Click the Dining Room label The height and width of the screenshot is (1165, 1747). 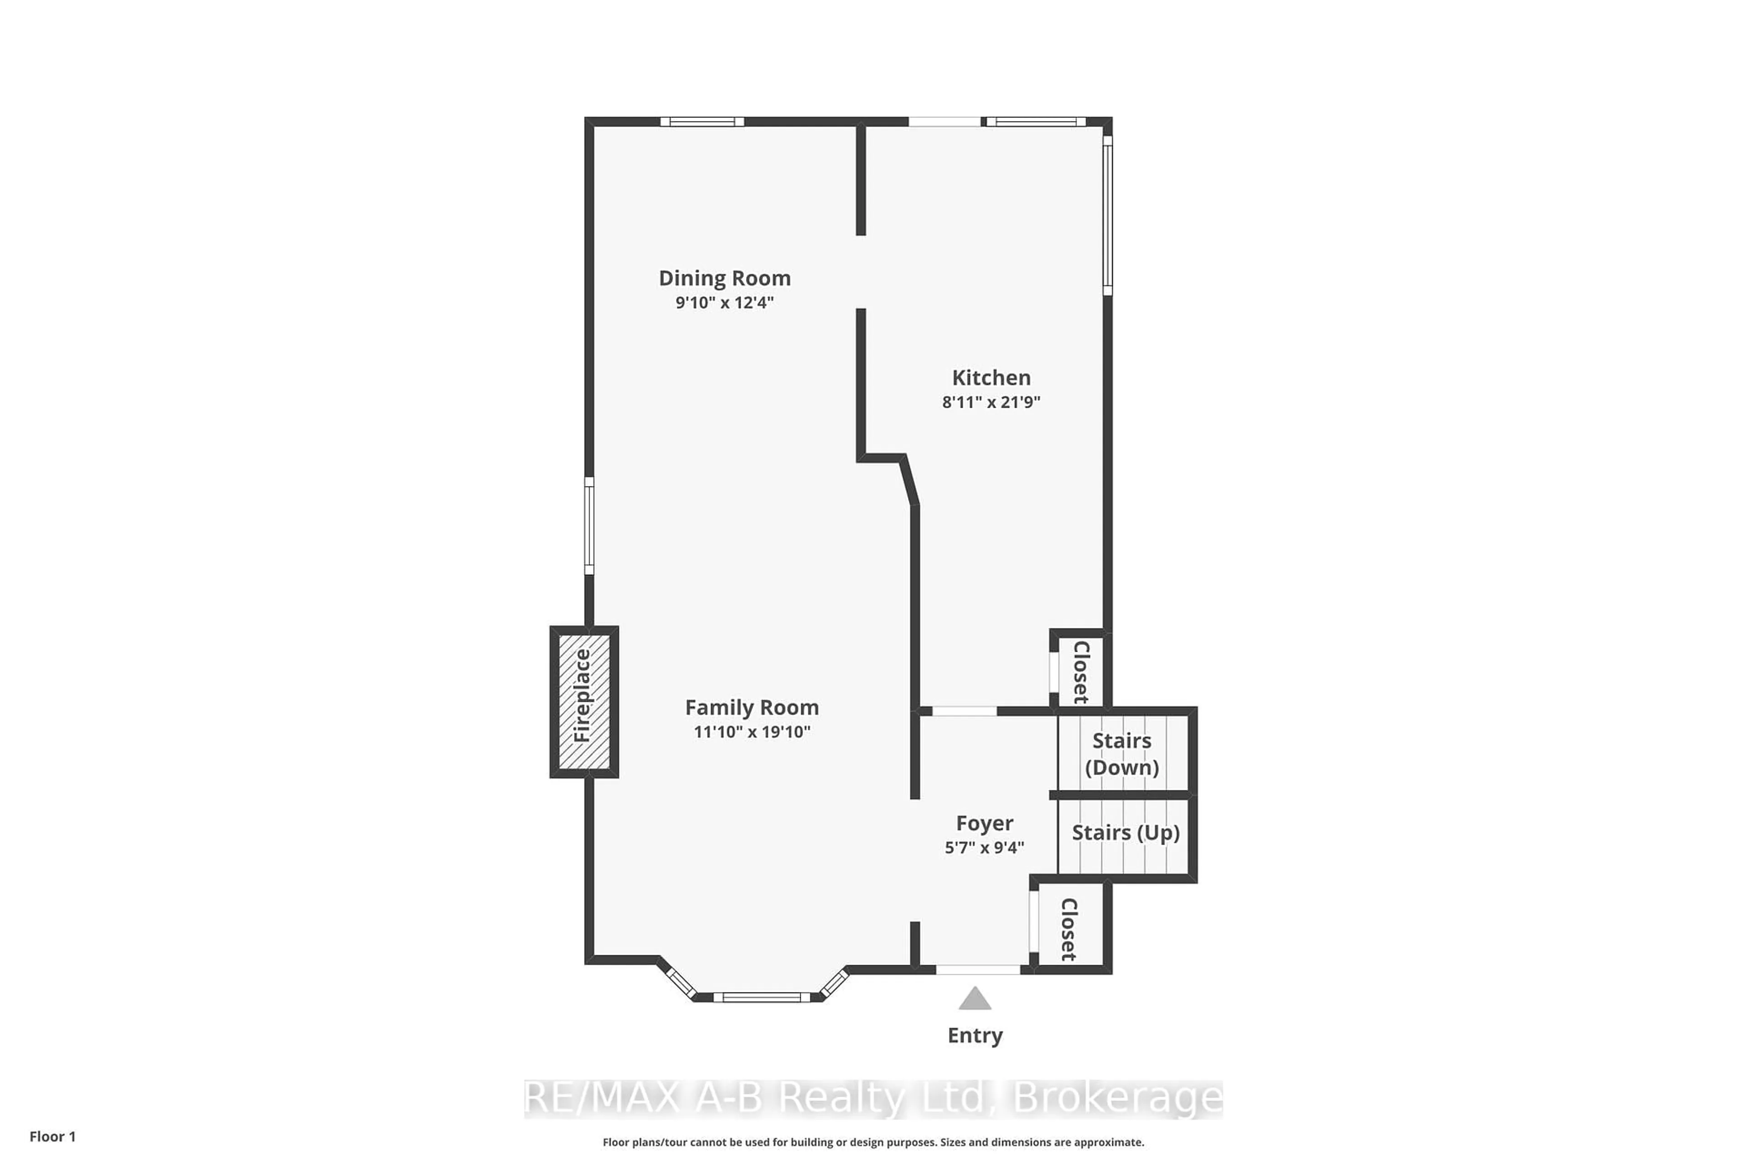pos(724,279)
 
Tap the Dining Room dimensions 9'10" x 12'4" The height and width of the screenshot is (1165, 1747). pos(724,302)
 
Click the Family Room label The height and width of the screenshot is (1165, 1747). pos(752,708)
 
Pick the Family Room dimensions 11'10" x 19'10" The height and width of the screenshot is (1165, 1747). pos(752,732)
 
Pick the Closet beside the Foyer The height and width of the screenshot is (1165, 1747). pos(1069,929)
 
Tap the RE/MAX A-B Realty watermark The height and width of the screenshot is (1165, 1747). pos(873,1098)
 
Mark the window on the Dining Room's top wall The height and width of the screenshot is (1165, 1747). pos(702,122)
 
